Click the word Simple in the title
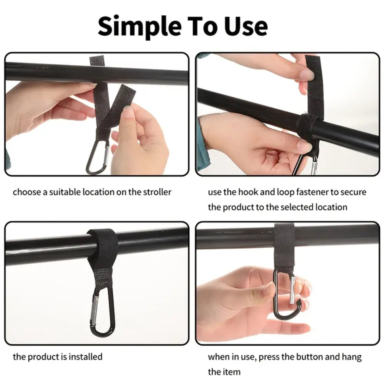tap(139, 27)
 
